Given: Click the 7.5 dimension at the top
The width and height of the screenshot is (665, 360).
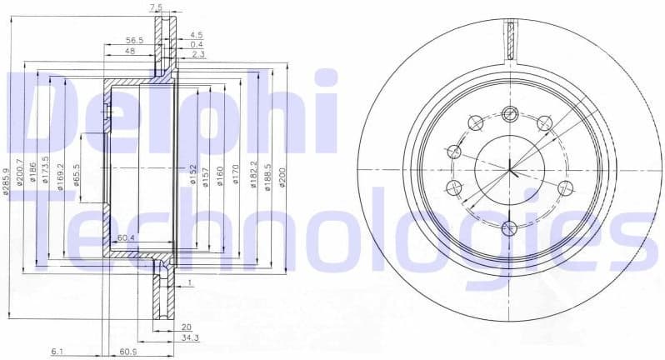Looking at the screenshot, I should point(156,7).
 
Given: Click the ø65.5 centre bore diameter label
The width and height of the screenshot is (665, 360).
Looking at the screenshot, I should point(76,178).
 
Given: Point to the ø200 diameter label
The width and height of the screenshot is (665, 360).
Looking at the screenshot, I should point(282,177).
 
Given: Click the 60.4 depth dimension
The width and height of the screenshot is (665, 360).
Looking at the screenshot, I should point(127,239).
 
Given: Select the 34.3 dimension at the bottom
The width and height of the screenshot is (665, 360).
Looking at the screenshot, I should point(191,338).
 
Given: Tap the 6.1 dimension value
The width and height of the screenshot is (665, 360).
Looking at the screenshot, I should point(57,352).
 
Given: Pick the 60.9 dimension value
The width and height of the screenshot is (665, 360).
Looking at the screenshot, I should point(127,352).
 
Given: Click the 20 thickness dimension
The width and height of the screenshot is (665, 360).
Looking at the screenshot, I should point(187,327).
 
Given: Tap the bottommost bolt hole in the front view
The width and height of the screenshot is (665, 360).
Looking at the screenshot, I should point(509,225).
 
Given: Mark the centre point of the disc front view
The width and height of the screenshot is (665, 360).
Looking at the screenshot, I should point(509,168).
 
